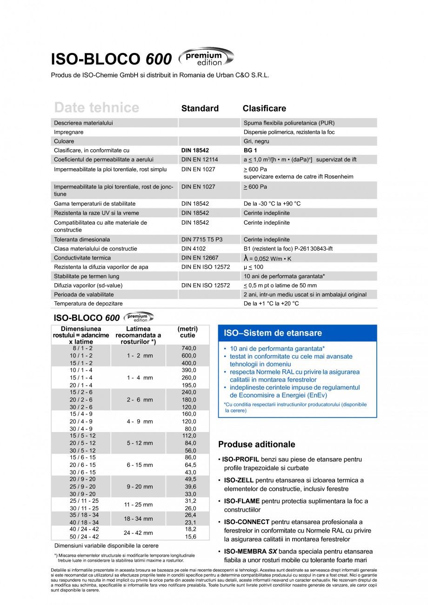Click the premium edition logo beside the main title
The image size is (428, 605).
(206, 58)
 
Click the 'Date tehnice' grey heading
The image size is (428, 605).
(96, 108)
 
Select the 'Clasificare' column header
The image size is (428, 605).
(264, 108)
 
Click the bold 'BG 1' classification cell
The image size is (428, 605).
(250, 151)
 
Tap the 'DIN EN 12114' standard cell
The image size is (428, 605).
(200, 160)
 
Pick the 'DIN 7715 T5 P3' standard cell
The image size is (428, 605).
(202, 239)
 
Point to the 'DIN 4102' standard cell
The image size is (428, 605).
(194, 249)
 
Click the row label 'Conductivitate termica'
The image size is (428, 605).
(82, 258)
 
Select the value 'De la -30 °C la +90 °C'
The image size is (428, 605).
(272, 204)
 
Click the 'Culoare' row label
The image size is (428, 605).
(64, 141)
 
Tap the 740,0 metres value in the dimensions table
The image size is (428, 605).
(188, 348)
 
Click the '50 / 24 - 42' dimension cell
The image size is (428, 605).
(81, 537)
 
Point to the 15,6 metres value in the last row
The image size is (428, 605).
(190, 537)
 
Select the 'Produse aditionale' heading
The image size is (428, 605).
(256, 444)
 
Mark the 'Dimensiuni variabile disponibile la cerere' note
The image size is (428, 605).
(107, 545)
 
